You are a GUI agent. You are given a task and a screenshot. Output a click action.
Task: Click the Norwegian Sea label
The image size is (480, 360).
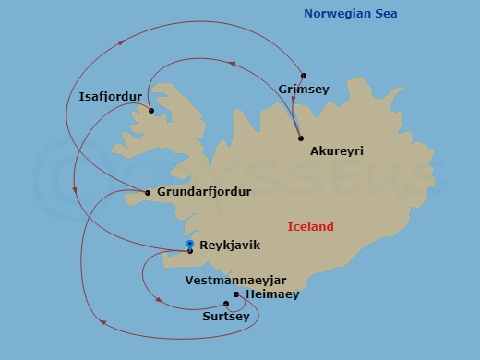point(354,13)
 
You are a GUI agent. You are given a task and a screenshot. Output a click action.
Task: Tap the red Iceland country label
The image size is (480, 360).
point(310,226)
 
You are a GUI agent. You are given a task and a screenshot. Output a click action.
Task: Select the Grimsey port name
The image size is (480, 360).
point(301,89)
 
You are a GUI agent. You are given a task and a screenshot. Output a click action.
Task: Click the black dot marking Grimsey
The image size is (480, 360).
point(303,75)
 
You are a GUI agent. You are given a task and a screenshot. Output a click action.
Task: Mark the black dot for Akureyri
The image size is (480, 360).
point(301,138)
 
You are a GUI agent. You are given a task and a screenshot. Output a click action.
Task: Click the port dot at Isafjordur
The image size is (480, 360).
point(150,111)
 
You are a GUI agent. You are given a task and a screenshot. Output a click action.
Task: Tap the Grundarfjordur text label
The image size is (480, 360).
point(204,192)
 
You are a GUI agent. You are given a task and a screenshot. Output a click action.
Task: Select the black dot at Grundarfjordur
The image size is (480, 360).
point(148,193)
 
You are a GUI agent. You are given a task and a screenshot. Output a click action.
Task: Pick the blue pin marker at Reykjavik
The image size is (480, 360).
point(190,244)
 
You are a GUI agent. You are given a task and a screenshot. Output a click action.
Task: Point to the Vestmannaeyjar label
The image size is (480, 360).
point(235,279)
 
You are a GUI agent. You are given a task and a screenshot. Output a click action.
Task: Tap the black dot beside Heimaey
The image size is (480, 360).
point(236,294)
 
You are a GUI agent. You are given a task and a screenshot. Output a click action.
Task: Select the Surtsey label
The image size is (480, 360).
point(225,316)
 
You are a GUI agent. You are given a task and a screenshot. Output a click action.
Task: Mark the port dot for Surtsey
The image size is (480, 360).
point(226,304)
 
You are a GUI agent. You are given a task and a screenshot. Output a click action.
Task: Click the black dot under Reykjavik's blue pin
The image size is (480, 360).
point(190,250)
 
